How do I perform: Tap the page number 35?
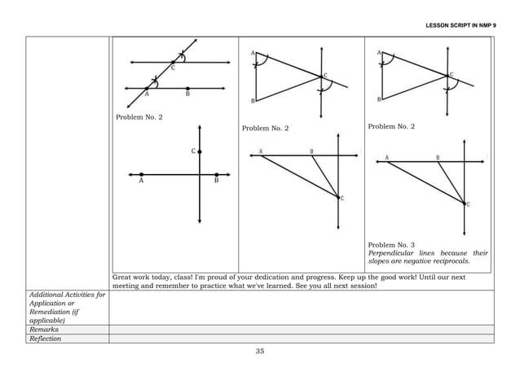point(260,351)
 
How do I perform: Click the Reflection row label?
point(46,339)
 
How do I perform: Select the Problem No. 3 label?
point(391,244)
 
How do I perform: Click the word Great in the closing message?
point(122,277)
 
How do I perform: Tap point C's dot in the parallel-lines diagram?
point(173,61)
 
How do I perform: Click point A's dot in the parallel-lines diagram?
point(147,88)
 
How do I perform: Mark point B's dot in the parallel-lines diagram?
point(187,88)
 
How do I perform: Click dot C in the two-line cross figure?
point(199,151)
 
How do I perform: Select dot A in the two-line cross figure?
point(141,174)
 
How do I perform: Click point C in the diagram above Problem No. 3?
point(464,203)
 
